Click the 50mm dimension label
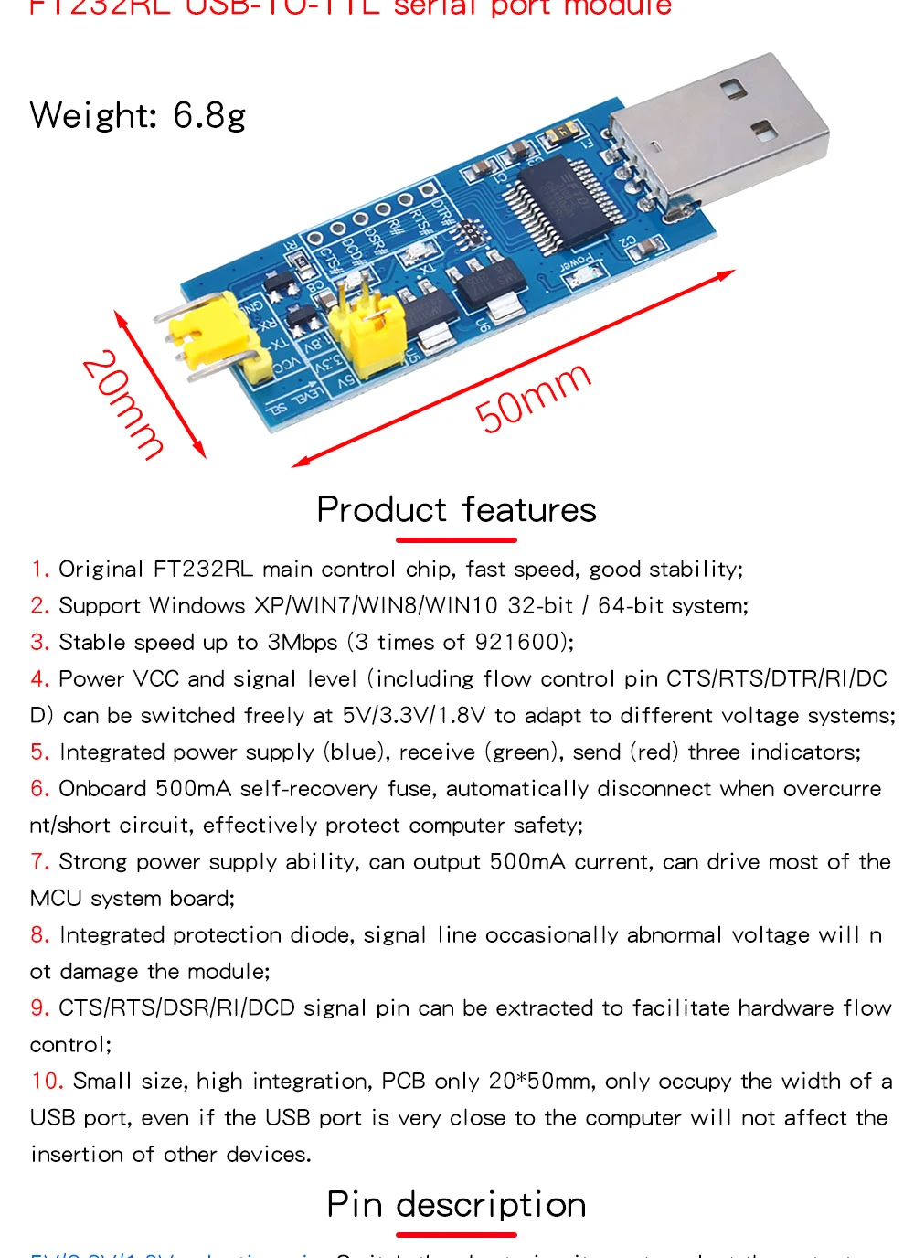[533, 397]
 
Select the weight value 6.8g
[209, 116]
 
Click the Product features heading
[456, 509]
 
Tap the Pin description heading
[456, 1204]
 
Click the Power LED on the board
[586, 274]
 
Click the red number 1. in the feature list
[39, 570]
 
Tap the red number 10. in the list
[47, 1082]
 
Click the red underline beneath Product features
[456, 540]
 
